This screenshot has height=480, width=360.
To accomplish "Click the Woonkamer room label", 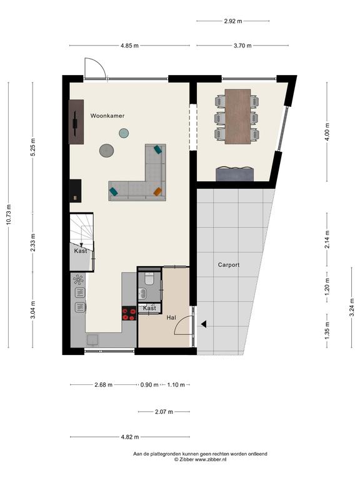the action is click(107, 116).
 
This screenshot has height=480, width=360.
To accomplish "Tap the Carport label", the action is click(229, 265).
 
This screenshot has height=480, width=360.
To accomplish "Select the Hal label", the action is click(171, 317).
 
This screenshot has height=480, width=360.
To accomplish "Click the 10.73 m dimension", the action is click(8, 214).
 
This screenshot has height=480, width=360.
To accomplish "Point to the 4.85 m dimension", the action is click(129, 46).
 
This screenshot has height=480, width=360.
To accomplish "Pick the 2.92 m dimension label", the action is click(233, 21).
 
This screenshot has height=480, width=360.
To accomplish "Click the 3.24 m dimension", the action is click(352, 307).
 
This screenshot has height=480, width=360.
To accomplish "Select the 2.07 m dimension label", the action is click(164, 412).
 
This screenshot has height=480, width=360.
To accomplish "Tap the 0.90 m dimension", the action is click(149, 385).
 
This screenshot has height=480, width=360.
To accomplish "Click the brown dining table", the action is click(238, 116).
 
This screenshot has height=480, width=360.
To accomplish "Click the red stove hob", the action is click(129, 314).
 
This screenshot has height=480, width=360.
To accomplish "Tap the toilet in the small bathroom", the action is click(149, 279).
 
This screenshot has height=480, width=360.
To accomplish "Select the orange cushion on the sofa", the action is click(157, 192).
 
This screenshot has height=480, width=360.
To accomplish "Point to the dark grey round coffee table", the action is click(106, 151).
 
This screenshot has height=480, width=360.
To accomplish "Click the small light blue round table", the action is click(124, 133).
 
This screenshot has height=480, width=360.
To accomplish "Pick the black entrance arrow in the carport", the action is click(204, 324).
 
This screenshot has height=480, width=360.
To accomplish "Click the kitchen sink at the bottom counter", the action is click(92, 340).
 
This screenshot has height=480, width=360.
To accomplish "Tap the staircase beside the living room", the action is click(81, 229).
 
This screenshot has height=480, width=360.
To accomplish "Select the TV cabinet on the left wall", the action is click(76, 122).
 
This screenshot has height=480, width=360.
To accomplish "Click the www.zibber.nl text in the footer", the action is click(211, 459).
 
